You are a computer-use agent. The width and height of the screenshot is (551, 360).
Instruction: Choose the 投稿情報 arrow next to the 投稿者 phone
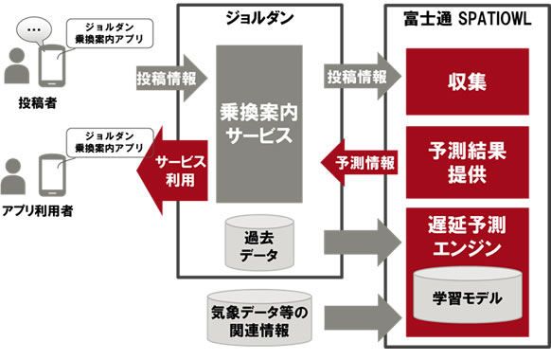[167, 75]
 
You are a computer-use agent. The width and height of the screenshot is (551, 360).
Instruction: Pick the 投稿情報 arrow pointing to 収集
[354, 75]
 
